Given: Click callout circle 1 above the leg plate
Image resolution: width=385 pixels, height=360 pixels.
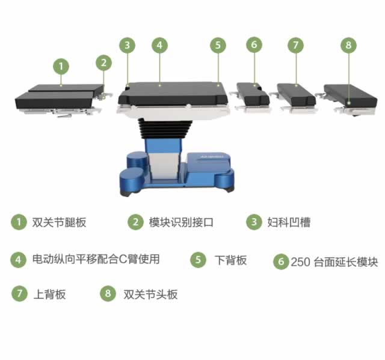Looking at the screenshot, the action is (x=61, y=66).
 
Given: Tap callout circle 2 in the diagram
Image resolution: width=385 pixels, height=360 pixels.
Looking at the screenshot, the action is (x=103, y=63).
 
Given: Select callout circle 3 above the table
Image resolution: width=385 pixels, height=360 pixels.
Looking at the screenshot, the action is (x=127, y=45).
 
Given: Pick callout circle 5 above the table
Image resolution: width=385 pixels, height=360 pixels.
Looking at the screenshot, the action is (x=218, y=45).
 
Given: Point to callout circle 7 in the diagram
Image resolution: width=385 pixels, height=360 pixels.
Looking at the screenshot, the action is (x=295, y=45).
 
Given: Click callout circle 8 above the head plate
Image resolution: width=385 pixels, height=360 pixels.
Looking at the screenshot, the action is (x=349, y=45).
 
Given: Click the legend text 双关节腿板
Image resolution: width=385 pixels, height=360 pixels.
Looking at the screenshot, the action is (x=59, y=222).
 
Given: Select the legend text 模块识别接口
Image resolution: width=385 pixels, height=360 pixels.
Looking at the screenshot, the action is (x=181, y=222).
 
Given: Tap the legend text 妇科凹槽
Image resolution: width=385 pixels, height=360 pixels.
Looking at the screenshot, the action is (x=289, y=222).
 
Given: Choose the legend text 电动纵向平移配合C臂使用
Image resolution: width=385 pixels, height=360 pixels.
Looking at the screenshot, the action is (x=96, y=259).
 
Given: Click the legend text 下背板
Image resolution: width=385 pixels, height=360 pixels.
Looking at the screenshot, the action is (x=230, y=260).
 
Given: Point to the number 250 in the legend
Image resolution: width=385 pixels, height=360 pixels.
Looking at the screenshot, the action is (x=300, y=262).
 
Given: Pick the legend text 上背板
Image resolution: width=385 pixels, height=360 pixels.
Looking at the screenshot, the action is (x=49, y=294).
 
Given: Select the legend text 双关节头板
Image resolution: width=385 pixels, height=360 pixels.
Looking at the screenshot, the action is (x=150, y=294).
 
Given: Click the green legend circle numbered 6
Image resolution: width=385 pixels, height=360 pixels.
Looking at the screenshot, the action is (x=281, y=261).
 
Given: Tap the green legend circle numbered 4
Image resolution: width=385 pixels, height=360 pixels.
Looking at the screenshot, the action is (x=18, y=260).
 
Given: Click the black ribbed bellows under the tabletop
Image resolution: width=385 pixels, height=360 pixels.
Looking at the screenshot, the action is (x=164, y=129).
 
